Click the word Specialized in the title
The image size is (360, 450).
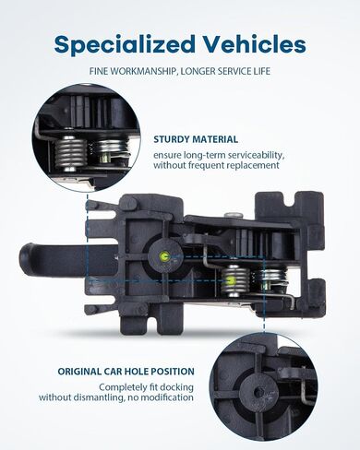pos(125,45)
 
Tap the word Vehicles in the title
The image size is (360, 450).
pos(255,43)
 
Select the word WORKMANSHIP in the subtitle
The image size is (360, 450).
pos(143,71)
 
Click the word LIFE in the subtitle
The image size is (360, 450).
pos(261,71)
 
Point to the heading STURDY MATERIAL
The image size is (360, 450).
pos(196,139)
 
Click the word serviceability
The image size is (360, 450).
pos(252,155)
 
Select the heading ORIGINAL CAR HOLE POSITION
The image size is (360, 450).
pos(126,372)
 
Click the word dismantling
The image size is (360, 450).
pos(99,397)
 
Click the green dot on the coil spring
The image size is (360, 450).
pos(231,279)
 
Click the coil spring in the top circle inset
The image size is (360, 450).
pos(70,154)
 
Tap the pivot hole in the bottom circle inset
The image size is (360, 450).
pos(259,392)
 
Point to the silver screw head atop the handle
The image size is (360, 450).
pos(234,215)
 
